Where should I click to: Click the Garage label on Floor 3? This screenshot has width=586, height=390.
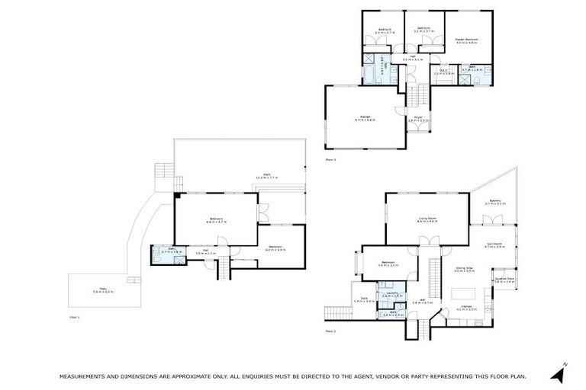pyautogui.click(x=365, y=117)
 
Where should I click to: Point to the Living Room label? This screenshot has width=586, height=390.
pyautogui.click(x=427, y=219)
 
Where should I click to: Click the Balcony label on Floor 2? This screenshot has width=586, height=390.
pyautogui.click(x=495, y=202)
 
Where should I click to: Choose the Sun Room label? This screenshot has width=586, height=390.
pyautogui.click(x=494, y=245)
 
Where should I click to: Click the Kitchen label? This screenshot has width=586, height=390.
pyautogui.click(x=466, y=307)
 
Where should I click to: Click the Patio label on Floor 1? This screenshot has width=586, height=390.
pyautogui.click(x=102, y=289)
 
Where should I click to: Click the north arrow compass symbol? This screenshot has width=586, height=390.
pyautogui.click(x=562, y=372)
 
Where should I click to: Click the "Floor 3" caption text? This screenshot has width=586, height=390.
pyautogui.click(x=330, y=160)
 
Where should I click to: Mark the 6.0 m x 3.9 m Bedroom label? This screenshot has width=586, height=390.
pyautogui.click(x=275, y=248)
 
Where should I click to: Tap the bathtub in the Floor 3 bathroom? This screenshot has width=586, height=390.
pyautogui.click(x=369, y=75)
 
